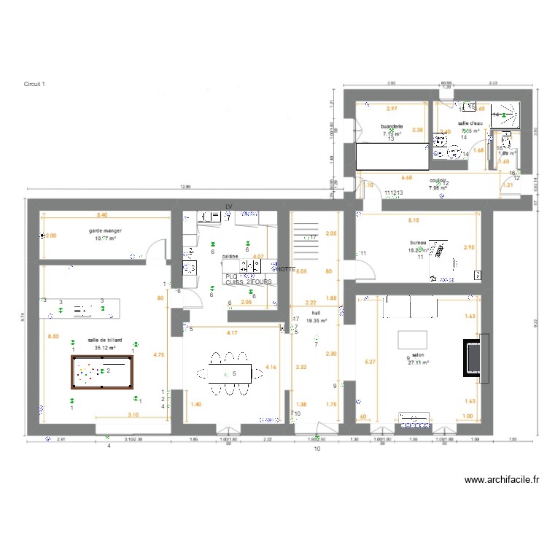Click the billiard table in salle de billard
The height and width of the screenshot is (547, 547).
click(103, 372)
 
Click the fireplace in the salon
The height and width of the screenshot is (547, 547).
click(473, 355)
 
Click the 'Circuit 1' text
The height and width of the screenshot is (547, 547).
click(34, 85)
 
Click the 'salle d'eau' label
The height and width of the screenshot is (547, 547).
click(470, 124)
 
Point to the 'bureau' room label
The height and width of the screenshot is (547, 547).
click(419, 243)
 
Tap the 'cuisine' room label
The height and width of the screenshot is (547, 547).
click(230, 257)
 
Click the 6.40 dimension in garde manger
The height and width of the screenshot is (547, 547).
click(102, 215)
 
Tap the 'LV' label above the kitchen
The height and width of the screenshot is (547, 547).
click(228, 207)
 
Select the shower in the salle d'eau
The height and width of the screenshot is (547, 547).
click(506, 115)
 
